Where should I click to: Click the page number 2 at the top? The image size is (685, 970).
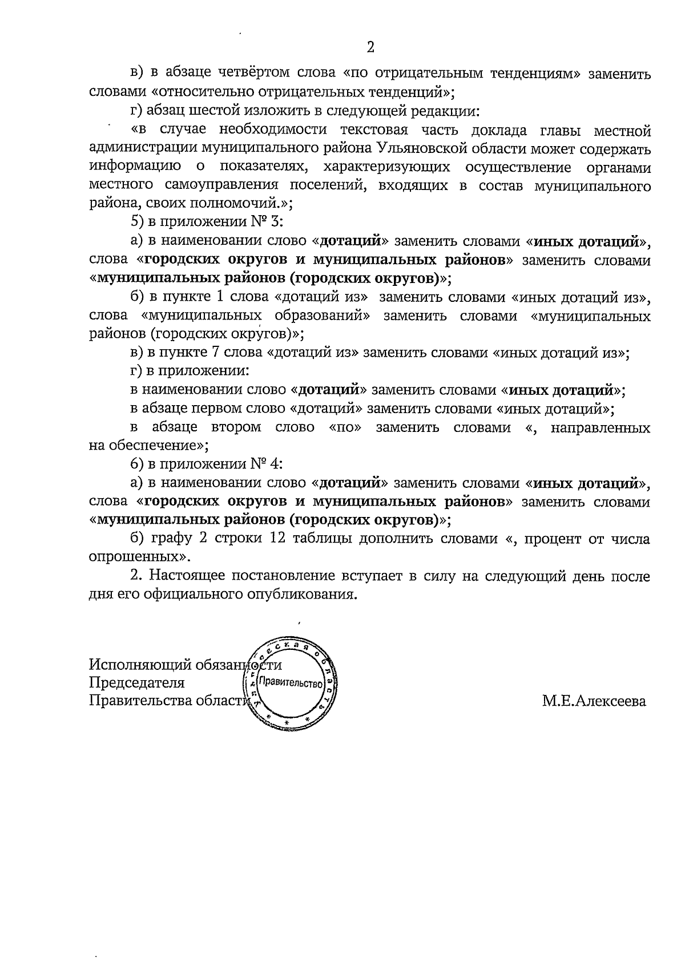370,47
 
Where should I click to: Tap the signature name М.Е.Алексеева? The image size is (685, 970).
594,701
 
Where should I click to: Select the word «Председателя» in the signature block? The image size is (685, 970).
137,683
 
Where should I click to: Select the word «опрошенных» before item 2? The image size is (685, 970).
138,556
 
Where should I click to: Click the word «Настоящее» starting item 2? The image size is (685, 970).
187,576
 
